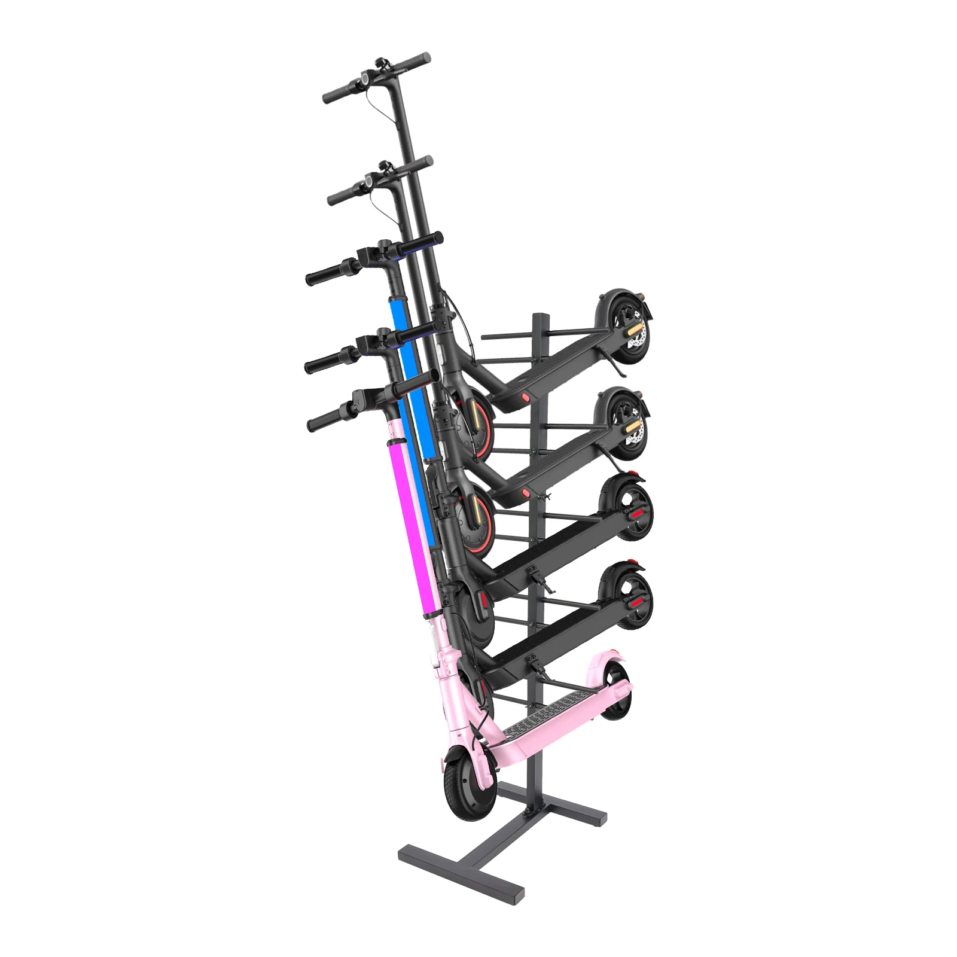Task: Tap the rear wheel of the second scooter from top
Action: pyautogui.click(x=623, y=424)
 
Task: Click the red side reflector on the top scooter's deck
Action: pyautogui.click(x=525, y=397)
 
